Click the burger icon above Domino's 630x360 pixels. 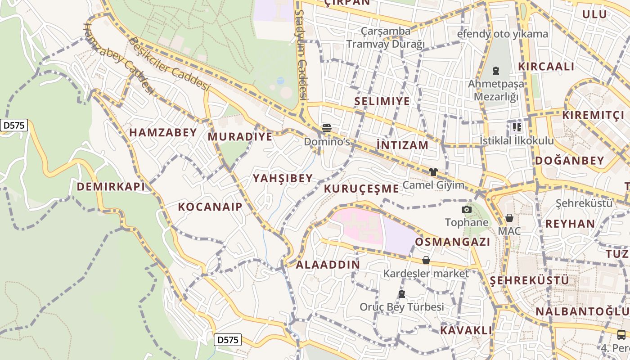327,128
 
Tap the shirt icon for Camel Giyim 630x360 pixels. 433,171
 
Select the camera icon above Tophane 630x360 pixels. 467,209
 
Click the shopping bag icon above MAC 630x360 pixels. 509,218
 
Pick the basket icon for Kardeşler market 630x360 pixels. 426,260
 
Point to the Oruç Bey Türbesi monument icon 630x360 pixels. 401,294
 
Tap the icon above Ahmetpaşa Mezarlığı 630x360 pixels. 495,71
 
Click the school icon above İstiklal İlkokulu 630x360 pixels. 517,127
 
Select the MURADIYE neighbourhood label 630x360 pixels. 240,136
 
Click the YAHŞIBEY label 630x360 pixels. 283,178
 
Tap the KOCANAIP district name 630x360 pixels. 210,207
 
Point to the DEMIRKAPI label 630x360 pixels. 111,186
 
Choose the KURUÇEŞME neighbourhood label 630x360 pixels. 361,188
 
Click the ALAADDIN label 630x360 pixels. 328,264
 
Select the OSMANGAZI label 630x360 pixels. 452,242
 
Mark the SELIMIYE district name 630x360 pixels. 382,101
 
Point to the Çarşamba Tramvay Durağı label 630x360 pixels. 386,37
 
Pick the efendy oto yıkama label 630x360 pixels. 503,34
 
